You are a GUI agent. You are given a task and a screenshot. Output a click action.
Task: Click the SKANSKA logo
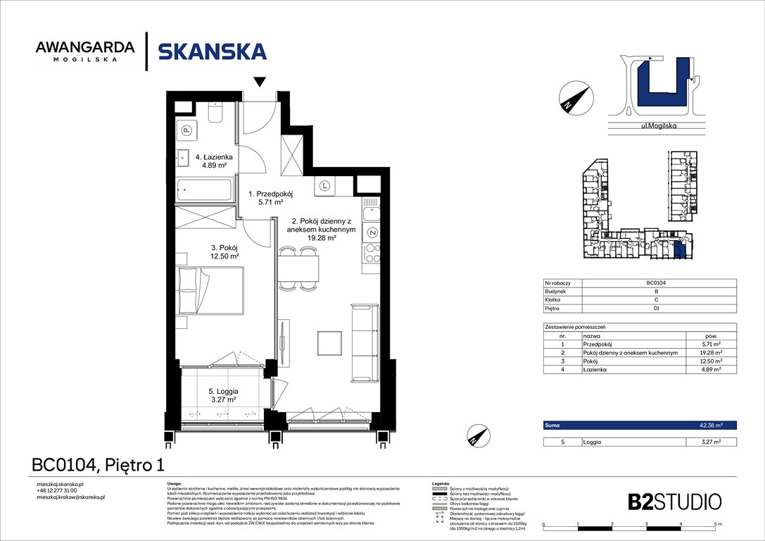pyautogui.click(x=212, y=51)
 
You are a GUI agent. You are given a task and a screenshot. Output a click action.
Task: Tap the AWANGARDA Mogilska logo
pyautogui.click(x=84, y=51)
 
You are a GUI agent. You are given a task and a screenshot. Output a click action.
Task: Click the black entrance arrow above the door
pyautogui.click(x=260, y=82)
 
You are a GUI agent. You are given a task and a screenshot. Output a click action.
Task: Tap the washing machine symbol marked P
pyautogui.click(x=187, y=130)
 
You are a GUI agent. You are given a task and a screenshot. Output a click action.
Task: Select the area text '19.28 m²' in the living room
pyautogui.click(x=322, y=238)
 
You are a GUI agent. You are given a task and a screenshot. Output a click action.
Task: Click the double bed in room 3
pyautogui.click(x=210, y=292)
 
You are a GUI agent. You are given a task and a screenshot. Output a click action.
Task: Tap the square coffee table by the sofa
pyautogui.click(x=329, y=342)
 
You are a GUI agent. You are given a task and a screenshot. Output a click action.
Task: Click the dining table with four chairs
pyautogui.click(x=298, y=268)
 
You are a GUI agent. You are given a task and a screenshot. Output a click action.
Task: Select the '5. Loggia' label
pyautogui.click(x=222, y=391)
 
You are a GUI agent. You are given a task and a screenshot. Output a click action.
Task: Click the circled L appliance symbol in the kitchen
pyautogui.click(x=324, y=186)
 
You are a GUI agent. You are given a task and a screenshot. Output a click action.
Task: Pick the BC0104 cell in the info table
pyautogui.click(x=657, y=282)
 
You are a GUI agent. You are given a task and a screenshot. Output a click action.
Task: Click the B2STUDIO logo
pyautogui.click(x=674, y=502)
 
